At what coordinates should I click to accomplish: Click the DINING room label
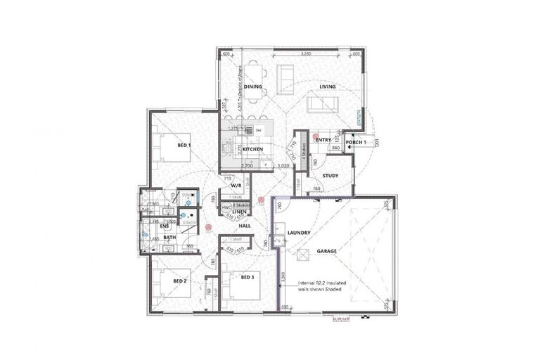[253, 87]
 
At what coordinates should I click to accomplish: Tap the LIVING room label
[327, 87]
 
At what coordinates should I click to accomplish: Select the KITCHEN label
[253, 150]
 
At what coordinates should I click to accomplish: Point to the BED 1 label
[184, 145]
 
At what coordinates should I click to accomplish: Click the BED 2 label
[180, 281]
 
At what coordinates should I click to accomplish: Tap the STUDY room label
[331, 176]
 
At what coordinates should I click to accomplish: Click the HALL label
[244, 226]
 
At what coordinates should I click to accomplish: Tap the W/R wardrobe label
[236, 185]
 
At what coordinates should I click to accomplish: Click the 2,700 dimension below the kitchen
[246, 165]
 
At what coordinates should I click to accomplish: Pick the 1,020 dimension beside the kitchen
[283, 165]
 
